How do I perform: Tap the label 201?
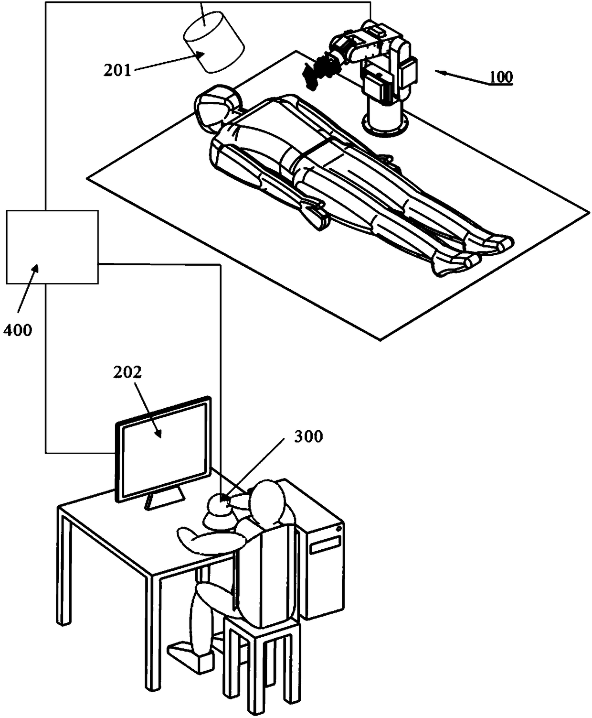(x=117, y=70)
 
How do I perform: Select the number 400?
(x=18, y=329)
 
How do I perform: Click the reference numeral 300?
(x=308, y=436)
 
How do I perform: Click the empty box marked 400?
(x=52, y=247)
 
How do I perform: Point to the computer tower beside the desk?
(x=325, y=550)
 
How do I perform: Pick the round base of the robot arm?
(x=385, y=122)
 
